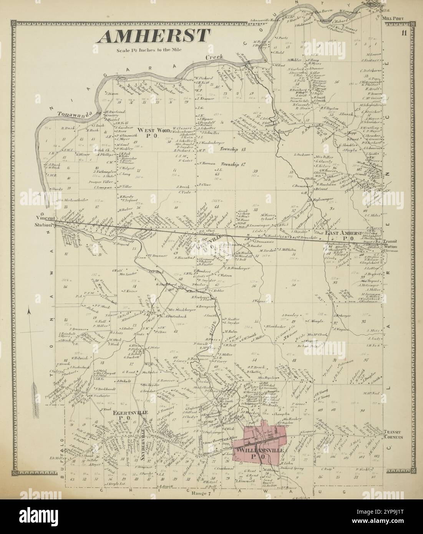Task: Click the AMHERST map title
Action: [x=153, y=36]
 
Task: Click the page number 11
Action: [x=404, y=32]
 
